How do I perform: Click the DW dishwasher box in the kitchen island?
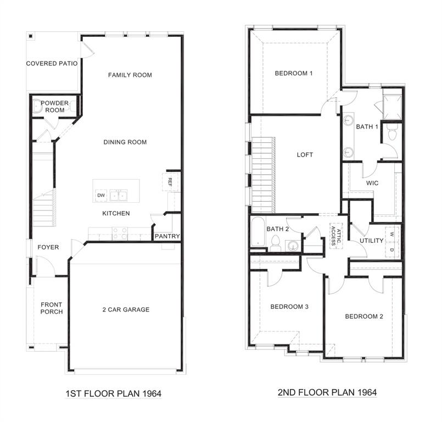coord(101,195)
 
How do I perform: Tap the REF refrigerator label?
coord(170,181)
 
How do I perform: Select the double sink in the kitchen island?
coord(119,196)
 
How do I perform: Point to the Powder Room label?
coord(54,106)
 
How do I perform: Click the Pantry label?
coord(167,237)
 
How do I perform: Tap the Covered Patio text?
coord(52,64)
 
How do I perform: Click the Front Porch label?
coord(52,308)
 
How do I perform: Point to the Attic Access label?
coord(335,235)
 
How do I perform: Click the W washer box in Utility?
coord(392,234)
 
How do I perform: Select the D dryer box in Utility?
coord(392,250)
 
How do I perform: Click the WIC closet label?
coord(372,182)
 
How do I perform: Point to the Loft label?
coord(305,155)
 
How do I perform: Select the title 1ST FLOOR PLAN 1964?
coord(113,393)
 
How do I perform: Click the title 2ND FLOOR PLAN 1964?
coord(326,393)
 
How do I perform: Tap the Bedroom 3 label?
coord(289,307)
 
